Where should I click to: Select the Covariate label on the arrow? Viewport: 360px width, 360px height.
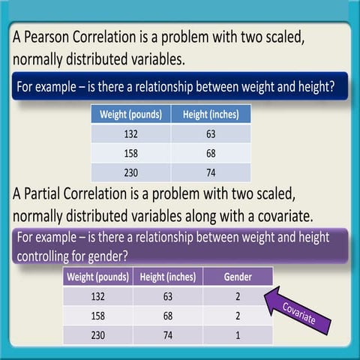click(x=298, y=313)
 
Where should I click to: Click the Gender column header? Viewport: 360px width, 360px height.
click(x=238, y=277)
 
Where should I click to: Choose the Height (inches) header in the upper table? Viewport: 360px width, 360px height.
click(x=210, y=115)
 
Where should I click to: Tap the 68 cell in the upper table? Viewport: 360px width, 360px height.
click(x=210, y=154)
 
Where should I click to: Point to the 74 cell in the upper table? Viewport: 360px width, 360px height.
click(x=210, y=172)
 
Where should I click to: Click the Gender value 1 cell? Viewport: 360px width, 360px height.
click(x=238, y=334)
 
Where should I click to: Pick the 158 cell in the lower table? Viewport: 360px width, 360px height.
click(x=97, y=316)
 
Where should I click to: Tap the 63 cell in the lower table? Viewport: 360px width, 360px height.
click(x=167, y=296)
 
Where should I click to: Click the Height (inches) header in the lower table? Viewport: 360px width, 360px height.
click(x=167, y=277)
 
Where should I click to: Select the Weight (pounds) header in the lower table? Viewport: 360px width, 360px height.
click(x=97, y=277)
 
